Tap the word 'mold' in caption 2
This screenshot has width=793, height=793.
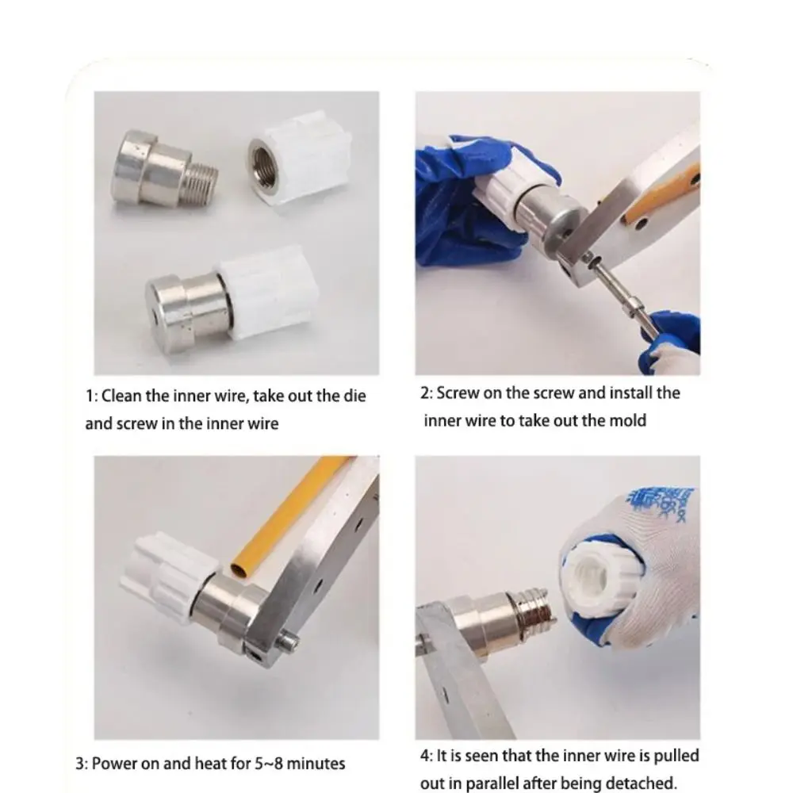point(626,420)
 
